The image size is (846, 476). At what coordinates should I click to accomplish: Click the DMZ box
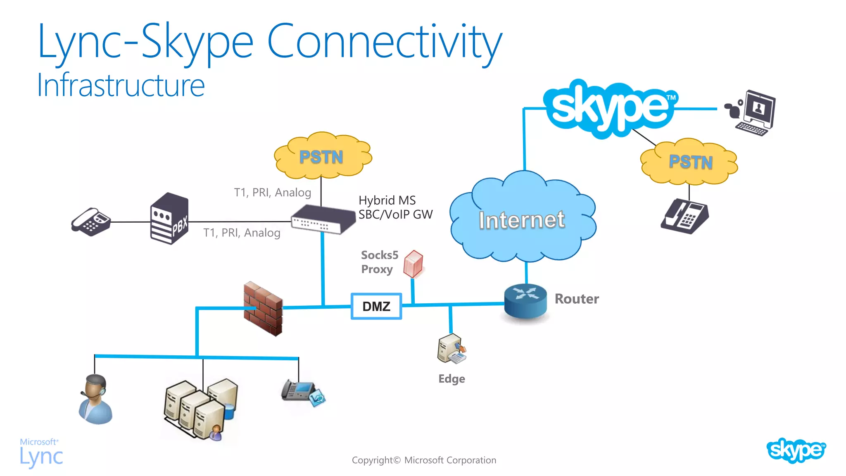pos(376,306)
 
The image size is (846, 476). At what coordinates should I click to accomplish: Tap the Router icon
pos(525,301)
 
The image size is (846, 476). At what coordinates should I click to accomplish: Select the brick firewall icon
pos(263,308)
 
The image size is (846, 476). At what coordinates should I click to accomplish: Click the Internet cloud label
pos(522,220)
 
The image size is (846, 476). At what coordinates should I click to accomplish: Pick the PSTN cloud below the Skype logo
pos(690,162)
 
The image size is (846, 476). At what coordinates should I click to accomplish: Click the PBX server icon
pos(169,219)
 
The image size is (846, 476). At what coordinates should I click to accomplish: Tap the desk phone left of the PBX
pos(91,222)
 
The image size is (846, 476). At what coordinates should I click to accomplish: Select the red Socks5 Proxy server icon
pos(413,264)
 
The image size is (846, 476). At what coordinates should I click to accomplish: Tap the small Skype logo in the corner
pos(796,450)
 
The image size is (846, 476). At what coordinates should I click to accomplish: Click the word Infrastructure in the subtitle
pos(121,86)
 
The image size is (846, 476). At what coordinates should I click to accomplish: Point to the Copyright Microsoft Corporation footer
pos(424,460)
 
